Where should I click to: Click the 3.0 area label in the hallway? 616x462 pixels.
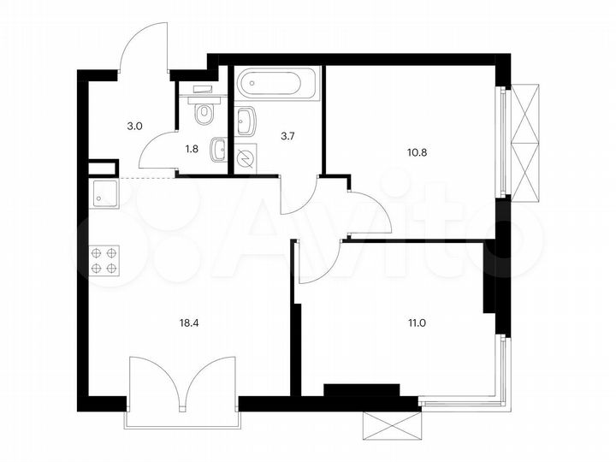pos(134,126)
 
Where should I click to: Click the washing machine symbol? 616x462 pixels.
pos(246,158)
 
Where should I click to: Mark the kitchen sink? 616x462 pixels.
pos(106,196)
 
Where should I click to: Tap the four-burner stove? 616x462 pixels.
pos(105,260)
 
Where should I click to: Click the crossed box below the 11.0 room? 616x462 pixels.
pos(392,425)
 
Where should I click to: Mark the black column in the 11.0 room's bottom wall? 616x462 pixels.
pos(361,390)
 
